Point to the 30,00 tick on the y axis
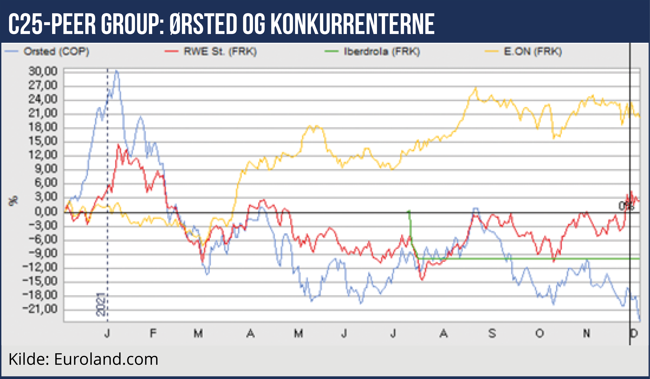pos(43,71)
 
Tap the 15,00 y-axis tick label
pos(43,141)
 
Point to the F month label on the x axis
pos(153,333)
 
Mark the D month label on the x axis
pos(634,333)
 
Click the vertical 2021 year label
pos(101,304)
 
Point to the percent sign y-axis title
pos(13,201)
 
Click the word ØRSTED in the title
pos(203,24)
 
